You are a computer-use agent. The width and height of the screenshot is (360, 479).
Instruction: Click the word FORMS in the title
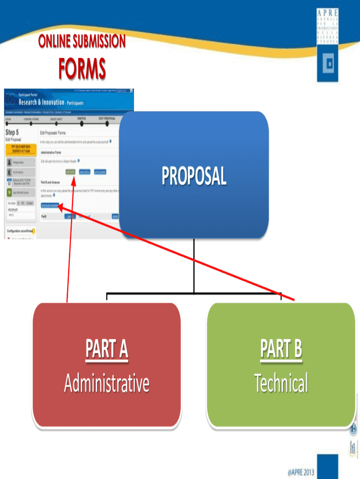coord(82,69)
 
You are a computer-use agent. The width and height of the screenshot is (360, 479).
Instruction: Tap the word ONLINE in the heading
coord(54,42)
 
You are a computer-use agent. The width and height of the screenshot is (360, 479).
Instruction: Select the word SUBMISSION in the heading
coord(99,42)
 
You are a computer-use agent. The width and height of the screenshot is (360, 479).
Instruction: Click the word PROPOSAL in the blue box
coord(194,176)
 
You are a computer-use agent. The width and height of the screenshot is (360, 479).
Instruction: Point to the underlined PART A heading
coord(107,350)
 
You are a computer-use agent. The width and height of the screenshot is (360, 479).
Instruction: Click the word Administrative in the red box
coord(107,384)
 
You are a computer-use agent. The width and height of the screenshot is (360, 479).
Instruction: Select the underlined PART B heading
coord(281,350)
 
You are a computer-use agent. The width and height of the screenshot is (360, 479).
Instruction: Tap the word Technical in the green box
coord(281,384)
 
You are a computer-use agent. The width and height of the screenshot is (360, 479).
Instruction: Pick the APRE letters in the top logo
coord(327,13)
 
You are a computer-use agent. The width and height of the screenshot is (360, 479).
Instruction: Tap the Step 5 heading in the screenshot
coord(12,133)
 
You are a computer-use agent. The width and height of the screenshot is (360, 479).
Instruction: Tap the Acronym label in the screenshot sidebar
coord(13,210)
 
